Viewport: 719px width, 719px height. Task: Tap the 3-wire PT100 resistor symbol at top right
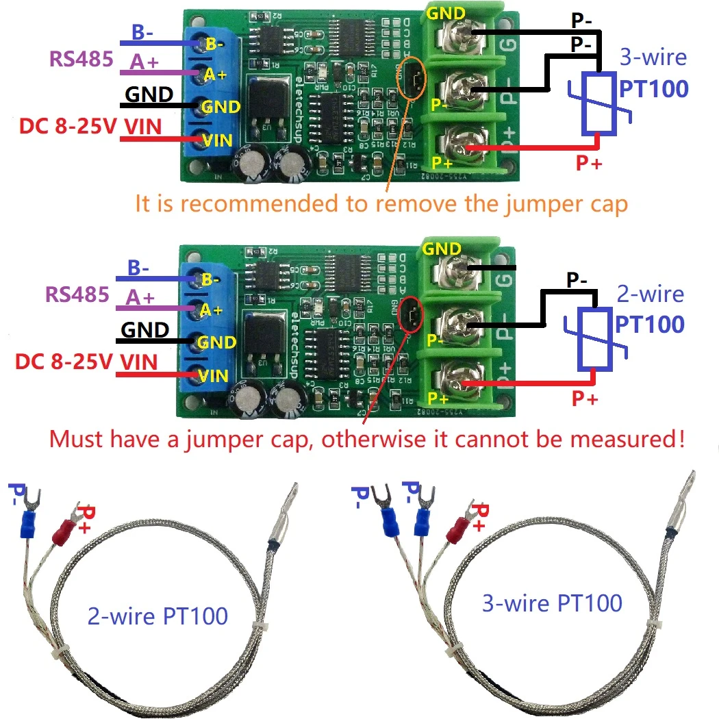click(x=600, y=103)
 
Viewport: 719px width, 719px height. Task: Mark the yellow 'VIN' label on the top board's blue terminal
click(x=216, y=140)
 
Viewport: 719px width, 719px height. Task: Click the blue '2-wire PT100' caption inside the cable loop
click(x=157, y=616)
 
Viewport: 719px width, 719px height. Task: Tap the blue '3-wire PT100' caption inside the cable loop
click(x=552, y=603)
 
